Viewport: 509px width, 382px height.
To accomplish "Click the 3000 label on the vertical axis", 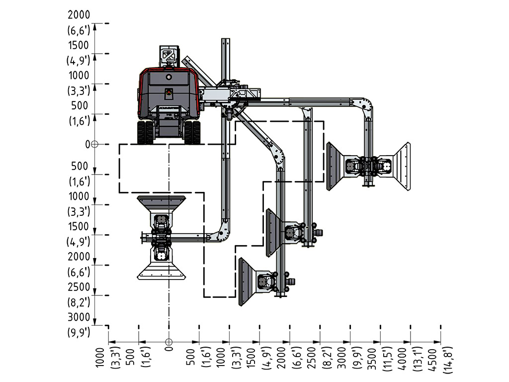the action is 79,317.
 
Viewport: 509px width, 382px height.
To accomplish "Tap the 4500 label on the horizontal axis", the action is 433,360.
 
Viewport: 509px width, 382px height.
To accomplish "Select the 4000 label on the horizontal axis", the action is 403,359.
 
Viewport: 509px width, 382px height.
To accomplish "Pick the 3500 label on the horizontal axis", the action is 372,359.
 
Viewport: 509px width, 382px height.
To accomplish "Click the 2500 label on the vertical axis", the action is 79,287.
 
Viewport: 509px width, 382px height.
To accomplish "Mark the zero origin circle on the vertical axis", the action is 94,144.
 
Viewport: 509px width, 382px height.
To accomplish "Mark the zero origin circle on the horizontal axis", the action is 169,342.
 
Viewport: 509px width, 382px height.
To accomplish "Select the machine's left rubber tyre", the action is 146,132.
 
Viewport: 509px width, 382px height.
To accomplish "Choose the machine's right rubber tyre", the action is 192,132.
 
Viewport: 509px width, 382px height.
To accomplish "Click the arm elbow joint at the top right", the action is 363,106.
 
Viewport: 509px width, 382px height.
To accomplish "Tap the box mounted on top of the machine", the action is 169,56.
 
